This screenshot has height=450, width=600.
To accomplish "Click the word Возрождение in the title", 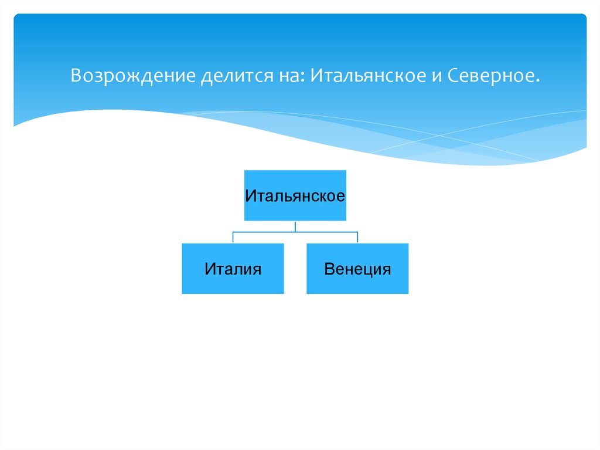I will [x=133, y=76].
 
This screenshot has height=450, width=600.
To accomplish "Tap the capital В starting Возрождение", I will [x=76, y=76].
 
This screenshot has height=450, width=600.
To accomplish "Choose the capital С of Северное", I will [x=454, y=76].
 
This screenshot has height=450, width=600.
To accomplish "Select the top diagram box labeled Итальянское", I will [x=295, y=195].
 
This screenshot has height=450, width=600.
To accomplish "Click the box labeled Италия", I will [x=233, y=269].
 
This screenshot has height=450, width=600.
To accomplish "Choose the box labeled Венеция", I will [x=357, y=269].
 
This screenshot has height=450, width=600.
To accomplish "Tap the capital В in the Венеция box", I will [x=329, y=269].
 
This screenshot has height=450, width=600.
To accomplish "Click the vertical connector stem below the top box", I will [x=295, y=226].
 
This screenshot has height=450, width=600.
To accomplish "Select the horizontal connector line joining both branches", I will [x=295, y=232].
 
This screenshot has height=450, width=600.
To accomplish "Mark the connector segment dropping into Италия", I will [x=233, y=238].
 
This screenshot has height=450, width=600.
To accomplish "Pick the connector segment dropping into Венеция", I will [x=357, y=238].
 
